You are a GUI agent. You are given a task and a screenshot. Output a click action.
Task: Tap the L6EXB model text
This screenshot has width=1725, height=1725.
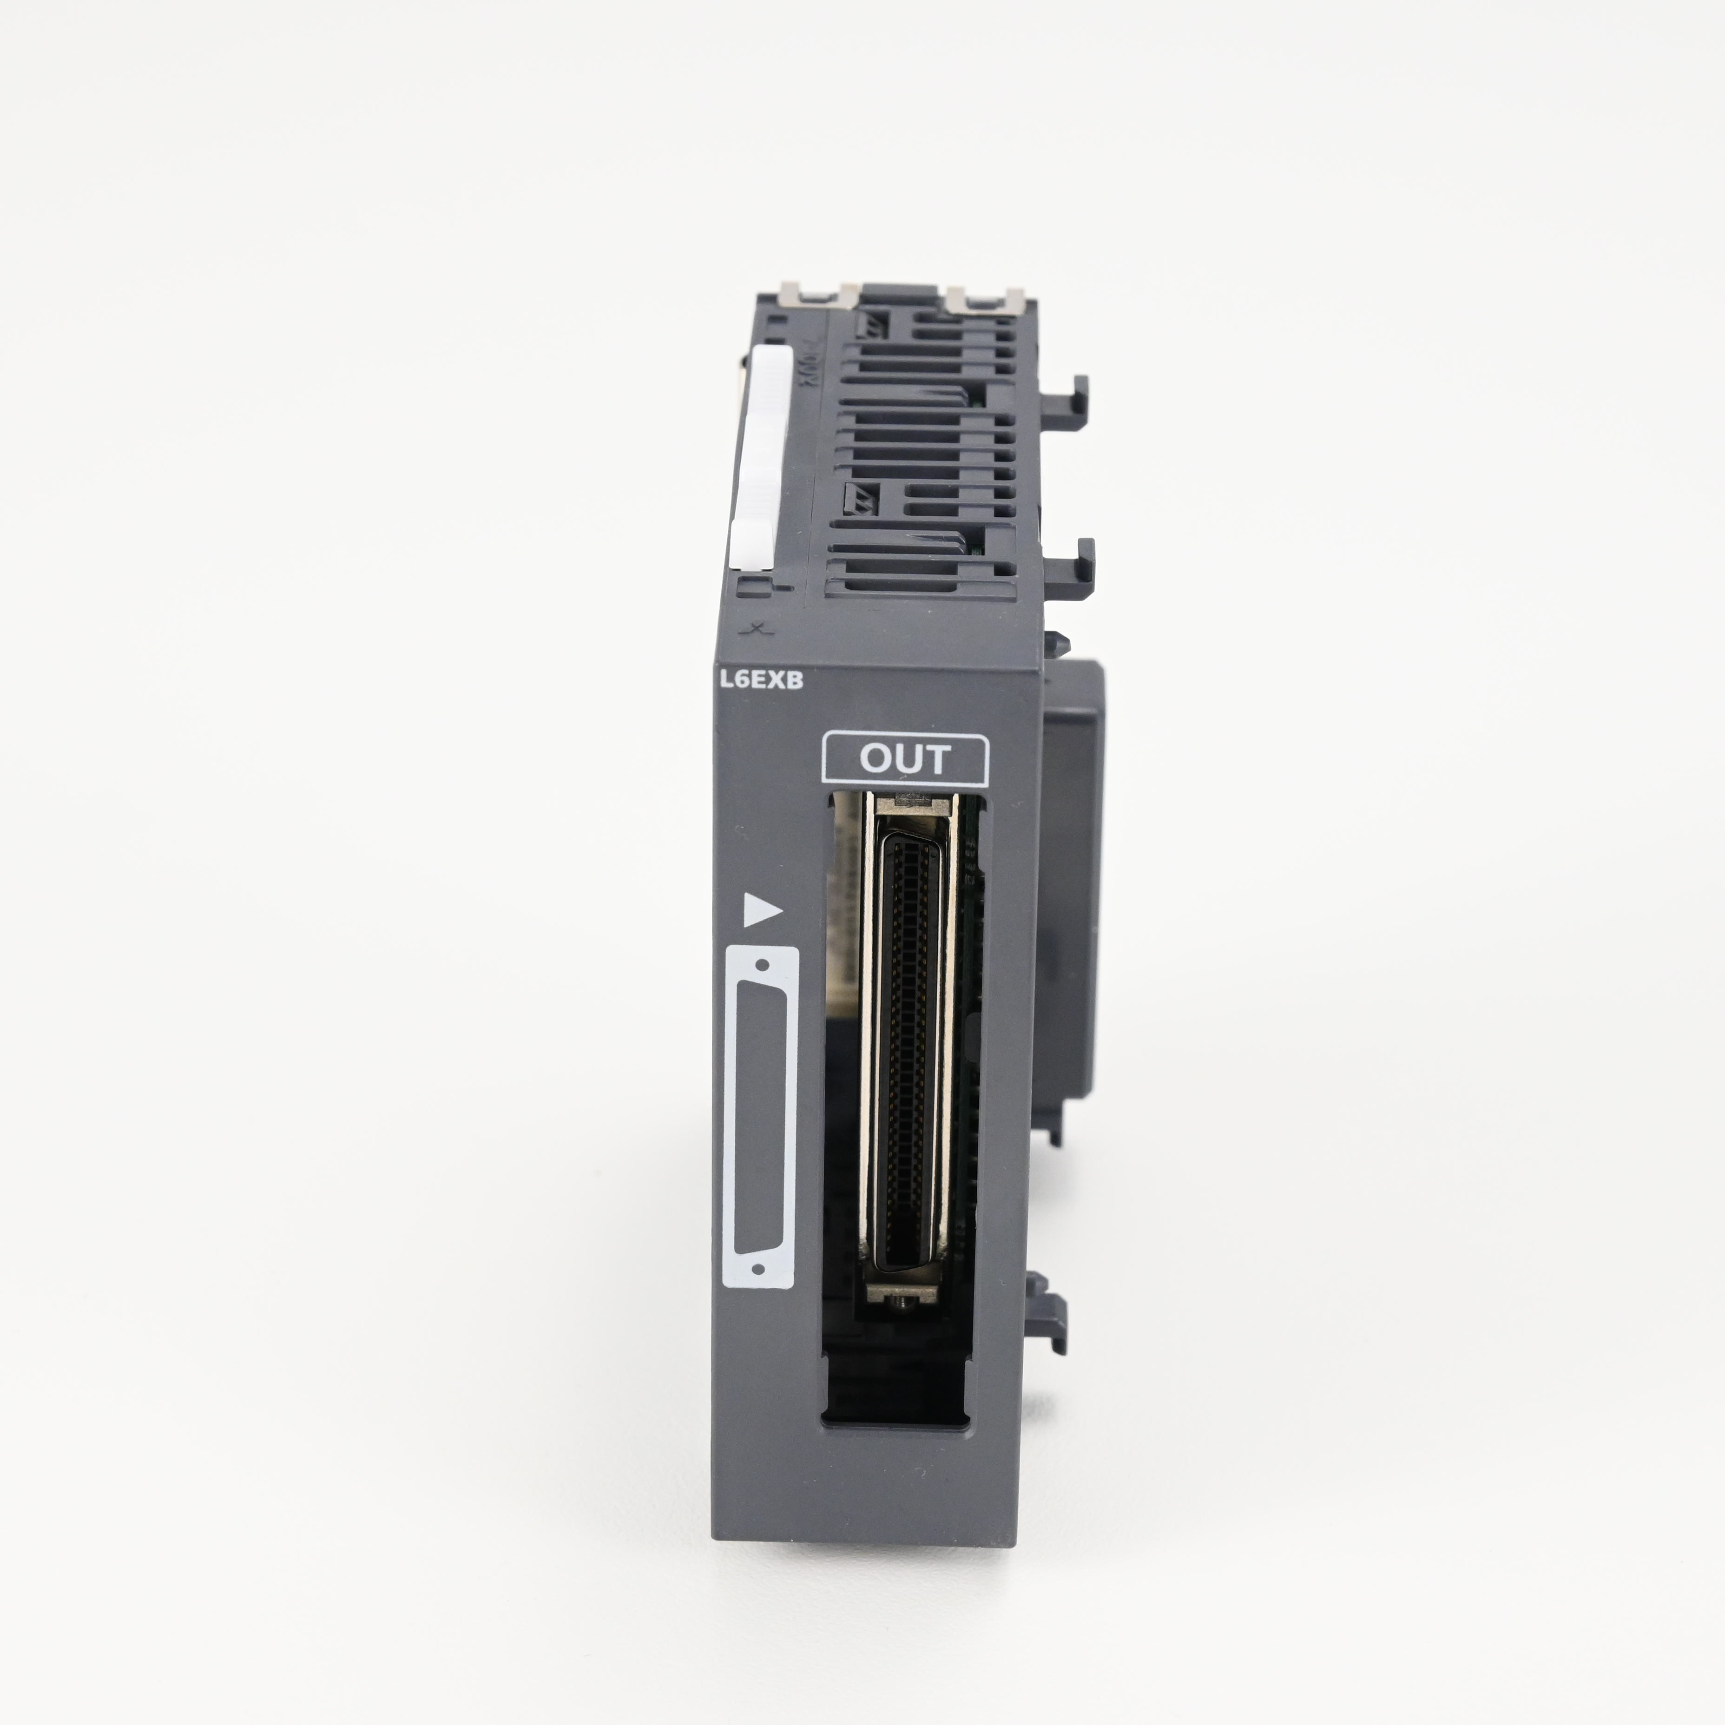click(x=762, y=680)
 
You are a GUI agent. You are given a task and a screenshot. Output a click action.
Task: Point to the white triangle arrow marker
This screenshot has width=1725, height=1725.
click(x=762, y=910)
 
